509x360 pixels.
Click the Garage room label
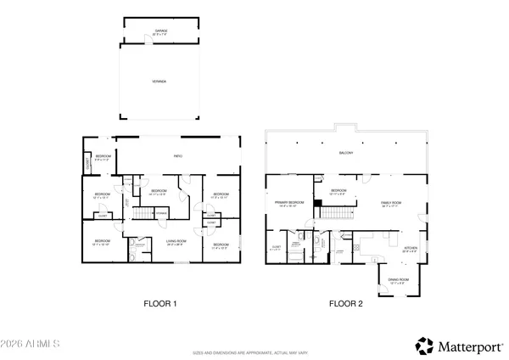[x=161, y=31]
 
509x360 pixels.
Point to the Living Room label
[x=176, y=244]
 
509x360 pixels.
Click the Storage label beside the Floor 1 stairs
[x=160, y=212]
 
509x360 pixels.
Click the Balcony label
[x=345, y=153]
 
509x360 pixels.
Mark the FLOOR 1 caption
[x=159, y=303]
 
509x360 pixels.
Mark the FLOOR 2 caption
[x=346, y=303]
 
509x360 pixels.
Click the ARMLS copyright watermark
[x=31, y=346]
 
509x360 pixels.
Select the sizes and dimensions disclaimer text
[x=254, y=351]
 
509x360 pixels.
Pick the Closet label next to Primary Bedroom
[x=276, y=249]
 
